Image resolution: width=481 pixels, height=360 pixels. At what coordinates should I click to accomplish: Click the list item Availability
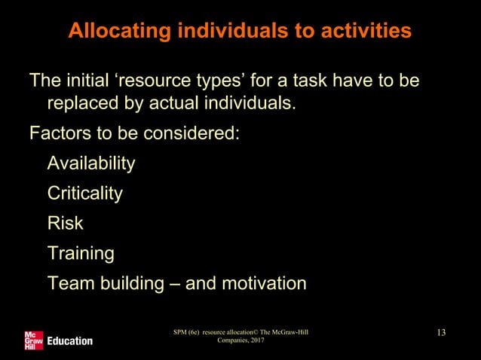pos(91,163)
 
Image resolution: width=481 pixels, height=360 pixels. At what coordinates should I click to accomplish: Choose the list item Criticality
pos(84,194)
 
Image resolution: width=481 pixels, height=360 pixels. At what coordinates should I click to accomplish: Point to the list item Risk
pos(65,224)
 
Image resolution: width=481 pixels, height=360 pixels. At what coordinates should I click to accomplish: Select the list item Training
pos(81,254)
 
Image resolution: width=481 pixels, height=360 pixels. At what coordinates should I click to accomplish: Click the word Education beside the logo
pos(70,341)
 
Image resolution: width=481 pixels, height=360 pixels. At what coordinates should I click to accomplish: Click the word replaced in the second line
pos(81,103)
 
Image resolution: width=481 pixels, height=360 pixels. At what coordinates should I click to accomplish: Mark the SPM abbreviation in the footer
pos(181,332)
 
